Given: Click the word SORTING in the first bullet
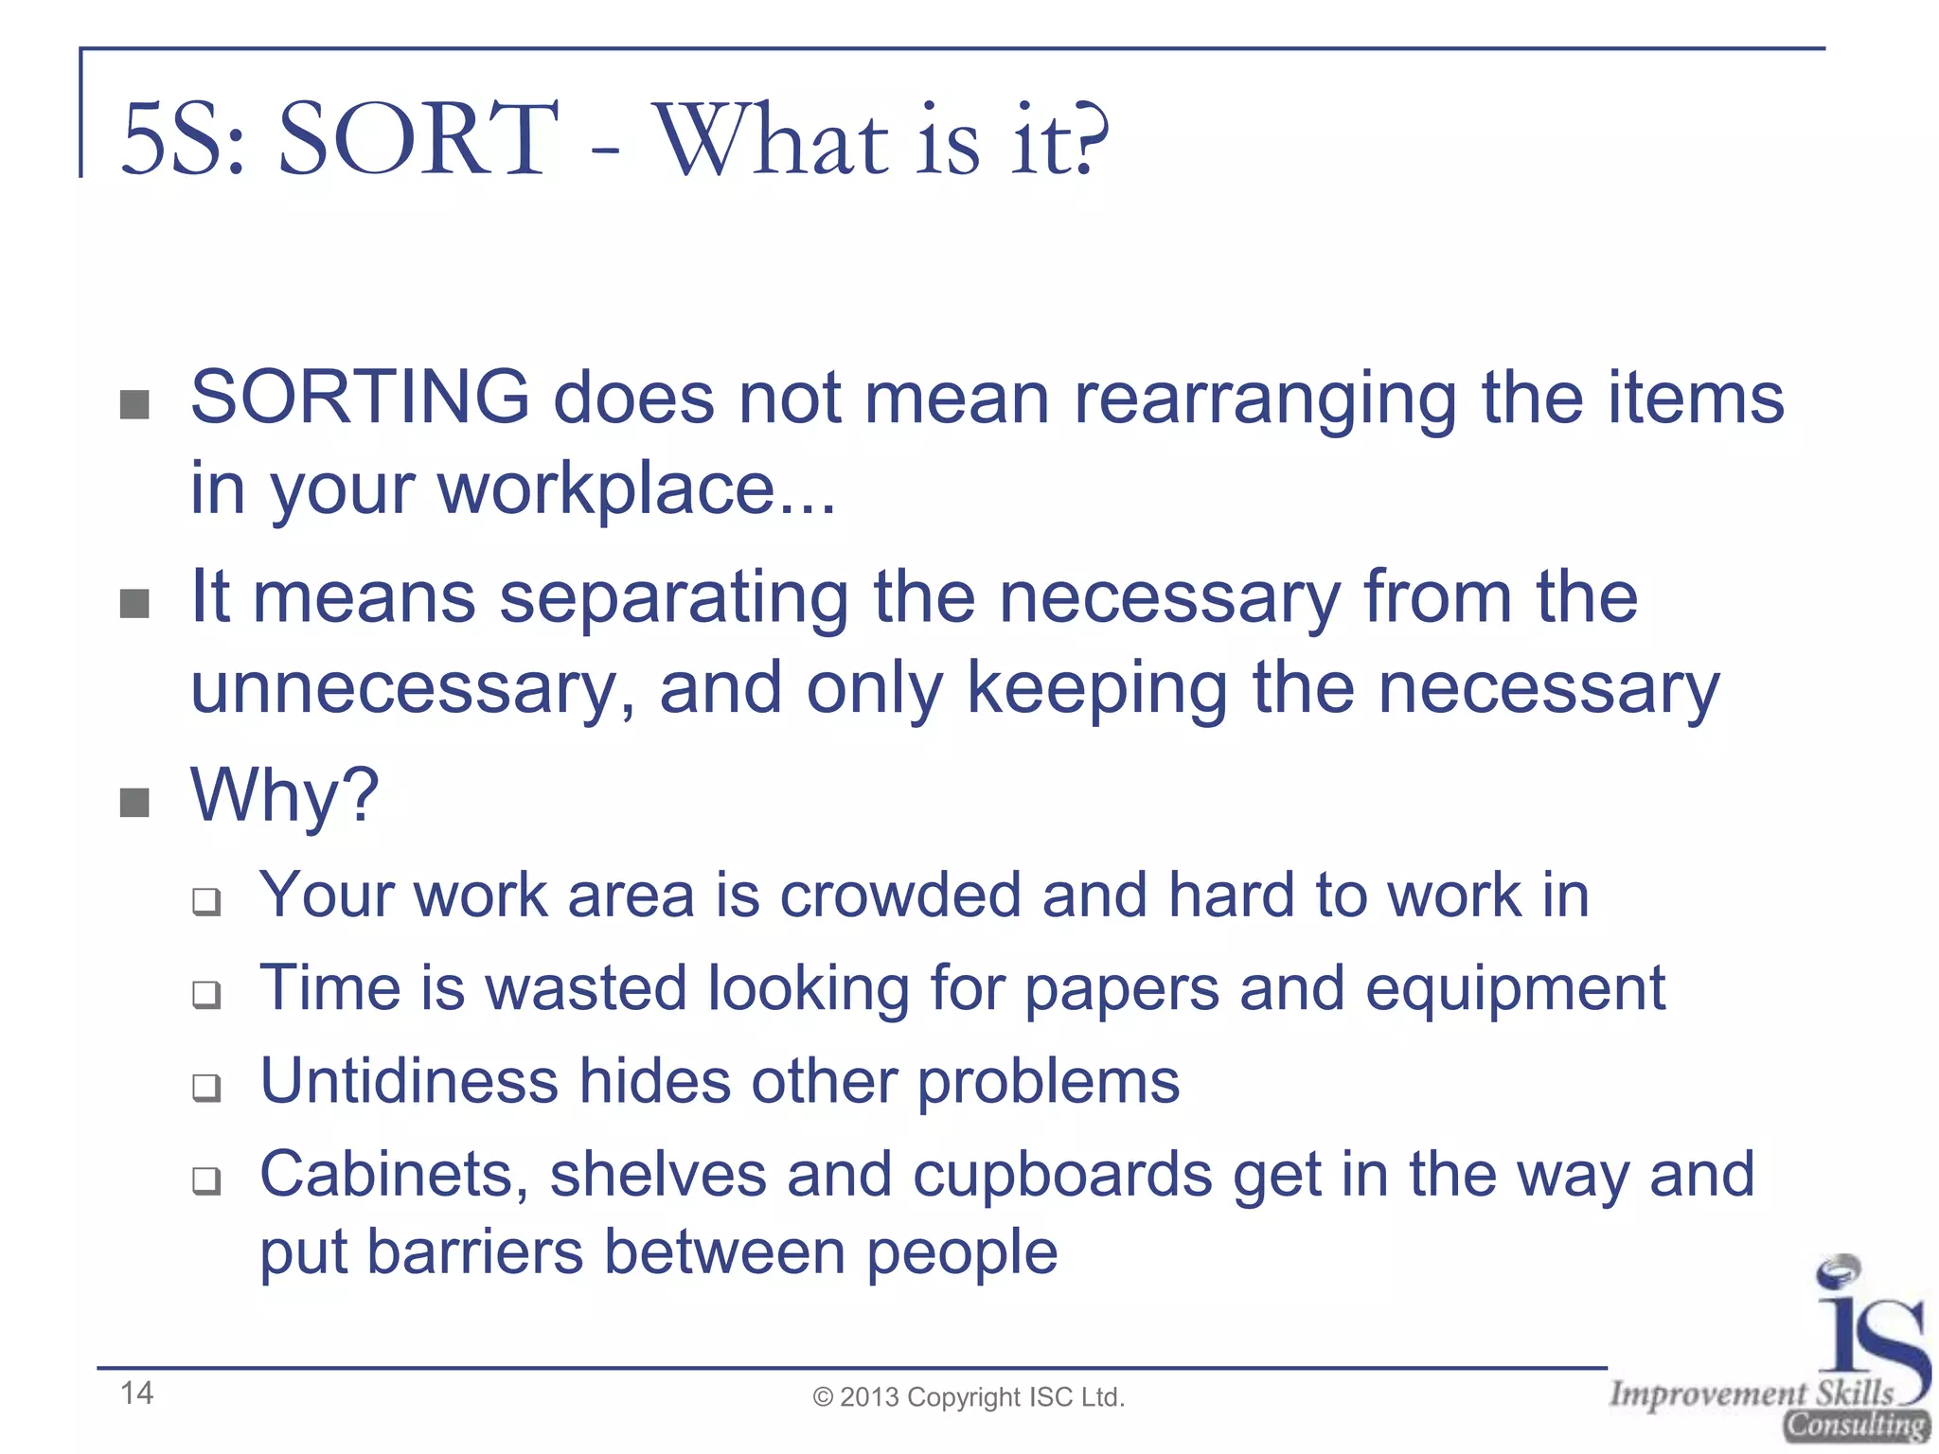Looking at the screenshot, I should (360, 398).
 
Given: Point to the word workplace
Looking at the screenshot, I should (606, 490).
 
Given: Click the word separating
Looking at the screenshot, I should (674, 598).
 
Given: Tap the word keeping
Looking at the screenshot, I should (1097, 689).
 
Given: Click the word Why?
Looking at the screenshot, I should (284, 796).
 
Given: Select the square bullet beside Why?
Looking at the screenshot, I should (134, 803).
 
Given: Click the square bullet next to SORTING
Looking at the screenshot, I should (134, 404).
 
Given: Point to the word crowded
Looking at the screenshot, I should (899, 895).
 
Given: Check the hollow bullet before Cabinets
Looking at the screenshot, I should (205, 1180).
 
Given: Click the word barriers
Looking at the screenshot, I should (474, 1252).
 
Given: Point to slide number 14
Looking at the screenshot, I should (136, 1393).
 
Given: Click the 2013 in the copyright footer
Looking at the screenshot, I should (869, 1397).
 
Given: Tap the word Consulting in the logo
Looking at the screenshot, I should (1856, 1426).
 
